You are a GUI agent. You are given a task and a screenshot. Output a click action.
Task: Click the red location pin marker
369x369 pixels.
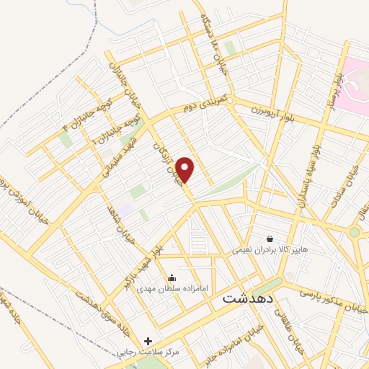[186, 169]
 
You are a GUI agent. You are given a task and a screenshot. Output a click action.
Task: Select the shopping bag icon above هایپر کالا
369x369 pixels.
[270, 238]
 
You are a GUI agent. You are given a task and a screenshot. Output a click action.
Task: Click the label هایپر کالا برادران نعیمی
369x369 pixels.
[270, 250]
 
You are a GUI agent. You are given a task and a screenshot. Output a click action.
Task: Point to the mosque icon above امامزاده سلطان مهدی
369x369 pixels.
[172, 277]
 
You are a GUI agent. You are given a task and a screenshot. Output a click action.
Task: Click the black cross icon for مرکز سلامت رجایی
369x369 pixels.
[148, 340]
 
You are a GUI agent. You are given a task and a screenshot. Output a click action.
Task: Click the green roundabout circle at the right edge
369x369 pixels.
[354, 233]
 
